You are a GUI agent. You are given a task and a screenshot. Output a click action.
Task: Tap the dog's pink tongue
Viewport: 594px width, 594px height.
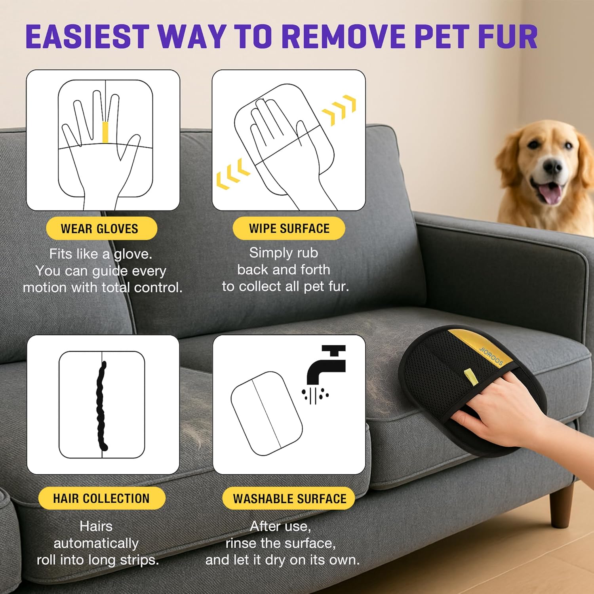click(550, 193)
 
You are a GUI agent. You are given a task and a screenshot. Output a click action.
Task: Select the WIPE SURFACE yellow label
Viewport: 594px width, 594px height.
click(289, 228)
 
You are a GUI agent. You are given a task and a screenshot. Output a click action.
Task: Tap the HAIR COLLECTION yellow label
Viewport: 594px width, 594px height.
click(101, 498)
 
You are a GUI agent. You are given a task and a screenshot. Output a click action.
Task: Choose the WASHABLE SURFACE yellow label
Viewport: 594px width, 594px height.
click(289, 499)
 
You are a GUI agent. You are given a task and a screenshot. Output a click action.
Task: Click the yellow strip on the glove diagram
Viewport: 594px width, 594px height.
click(105, 132)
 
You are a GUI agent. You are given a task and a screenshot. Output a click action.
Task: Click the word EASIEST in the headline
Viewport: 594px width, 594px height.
click(87, 37)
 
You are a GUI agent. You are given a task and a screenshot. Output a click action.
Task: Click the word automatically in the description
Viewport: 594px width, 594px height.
click(96, 543)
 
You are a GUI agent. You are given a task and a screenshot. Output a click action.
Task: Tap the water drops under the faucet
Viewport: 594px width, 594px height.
click(314, 394)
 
